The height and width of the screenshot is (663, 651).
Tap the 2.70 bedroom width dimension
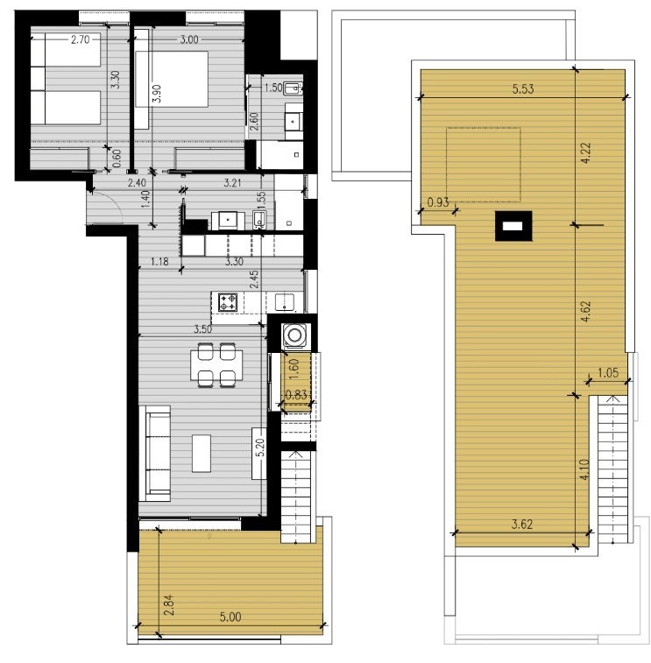point(80,39)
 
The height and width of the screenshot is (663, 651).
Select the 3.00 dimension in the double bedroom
point(188,39)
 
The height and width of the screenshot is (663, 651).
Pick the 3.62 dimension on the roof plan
point(521,525)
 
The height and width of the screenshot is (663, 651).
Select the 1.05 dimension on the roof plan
point(608,373)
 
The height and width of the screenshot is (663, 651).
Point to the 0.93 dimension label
point(437,203)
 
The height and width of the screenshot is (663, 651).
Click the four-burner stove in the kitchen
point(229,303)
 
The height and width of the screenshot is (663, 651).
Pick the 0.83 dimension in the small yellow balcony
point(296,395)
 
